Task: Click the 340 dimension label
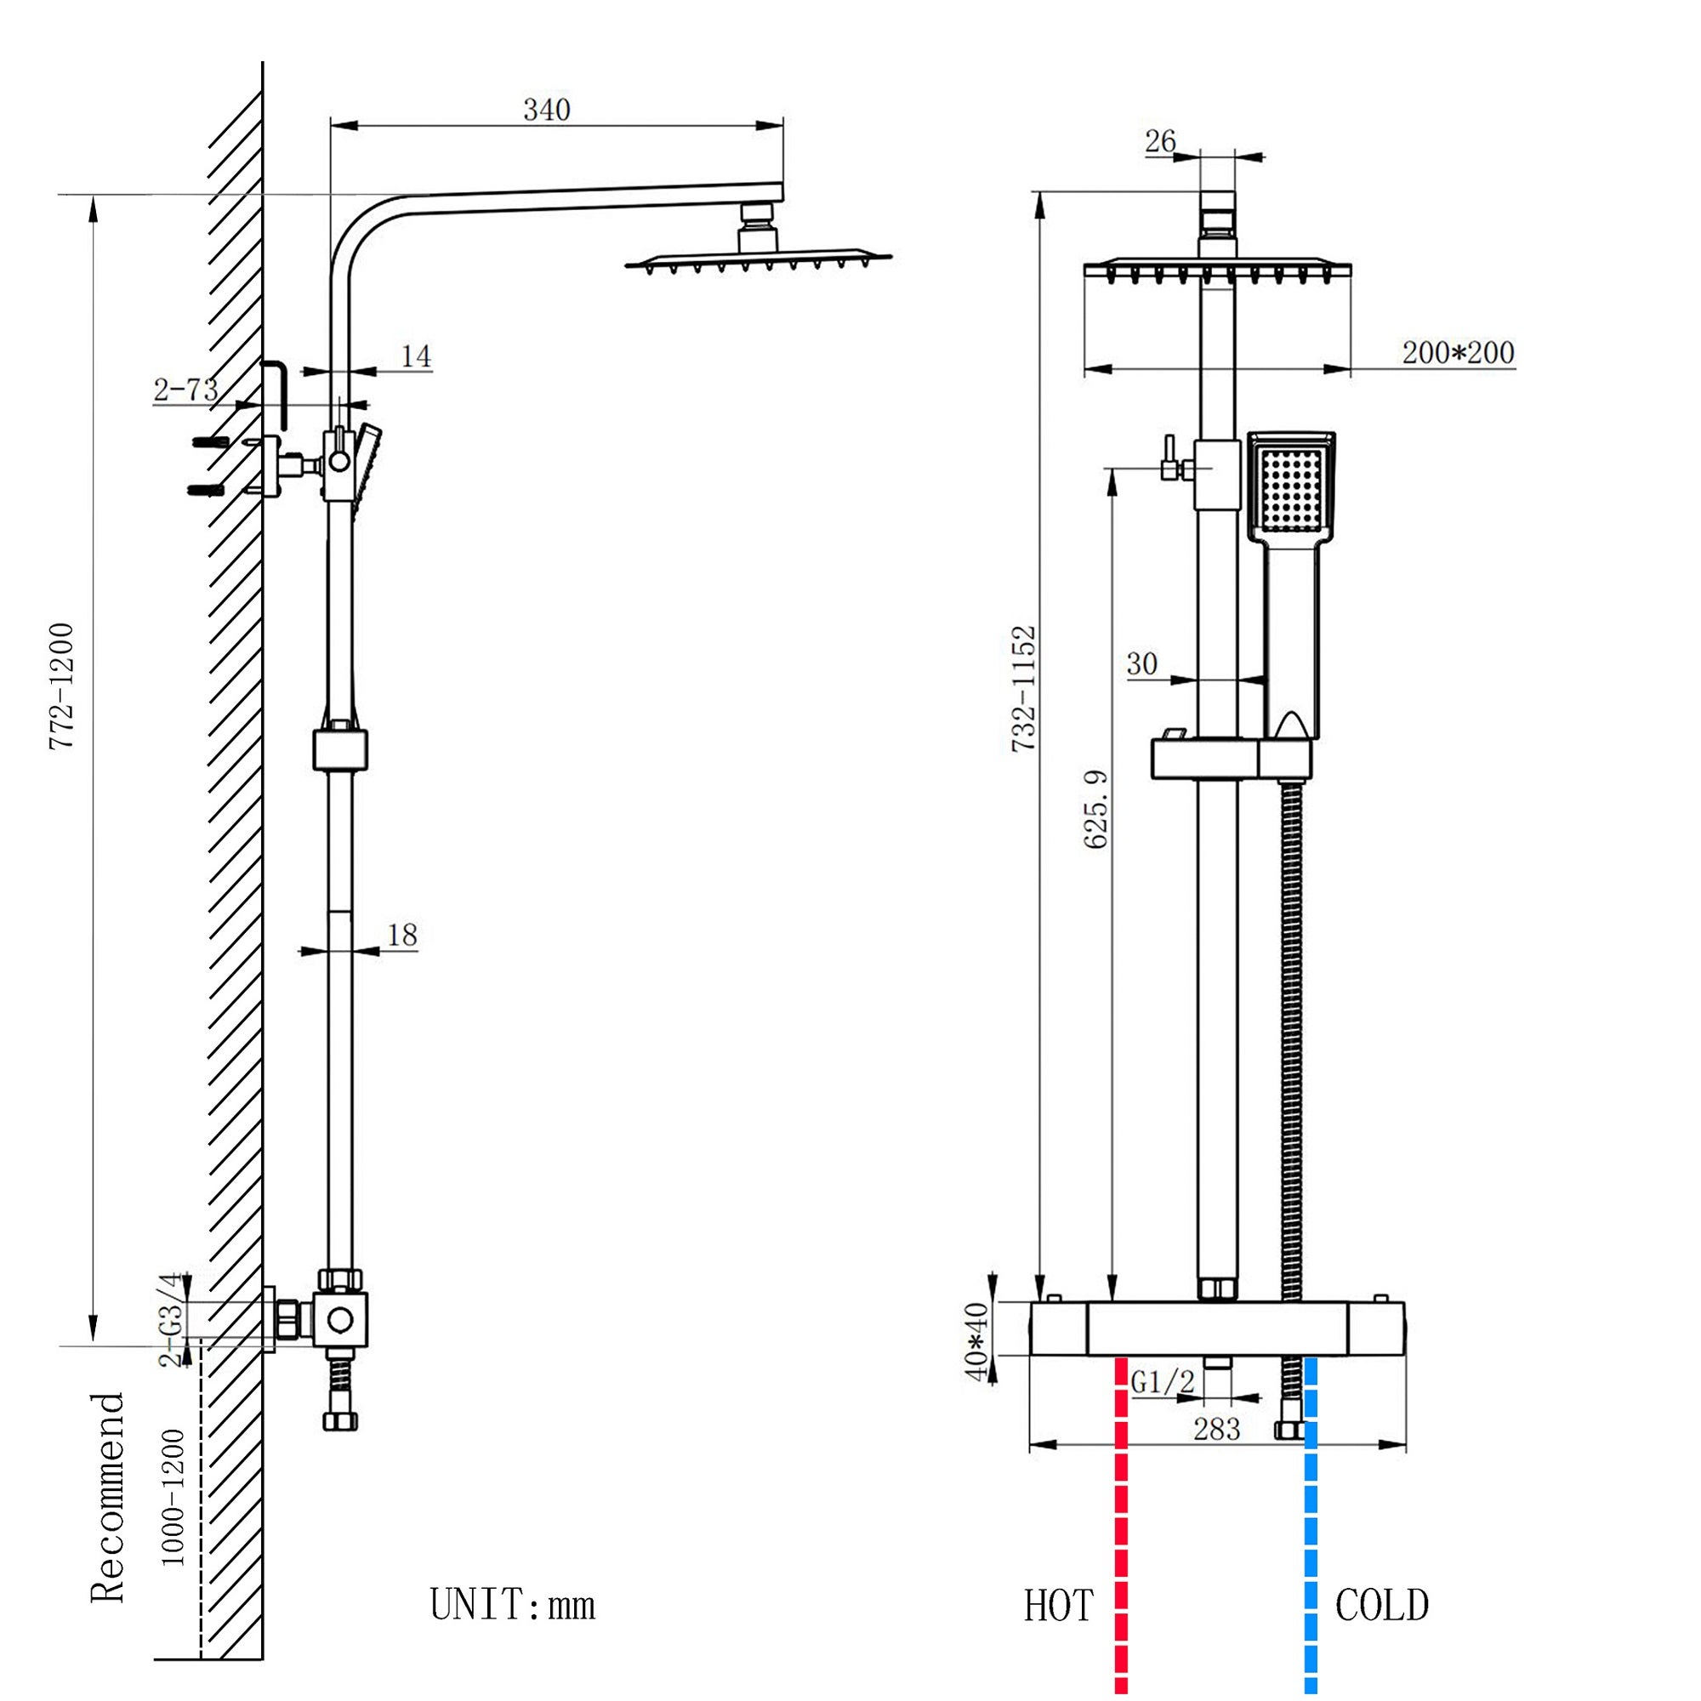pos(547,110)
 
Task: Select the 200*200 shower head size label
pos(1457,353)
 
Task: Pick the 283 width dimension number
pos(1217,1428)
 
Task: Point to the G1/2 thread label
pos(1162,1383)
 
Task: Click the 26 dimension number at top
pos(1160,140)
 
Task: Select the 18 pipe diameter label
pos(401,934)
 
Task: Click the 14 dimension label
pos(416,356)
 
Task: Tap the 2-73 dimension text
pos(185,390)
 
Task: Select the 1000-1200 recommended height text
pos(174,1497)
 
